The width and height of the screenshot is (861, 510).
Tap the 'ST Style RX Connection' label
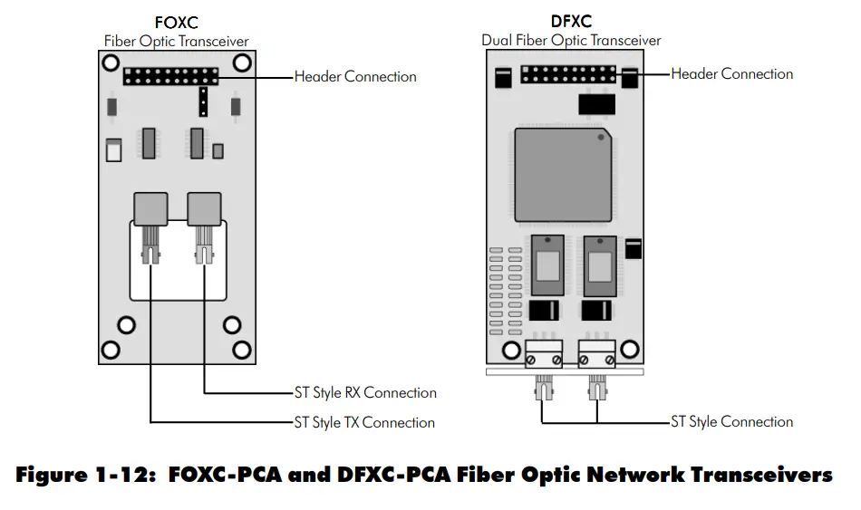point(365,393)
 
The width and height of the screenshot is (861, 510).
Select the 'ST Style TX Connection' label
point(364,422)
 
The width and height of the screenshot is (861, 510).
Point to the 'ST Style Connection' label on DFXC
point(731,421)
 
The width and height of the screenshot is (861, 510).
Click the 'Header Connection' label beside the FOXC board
point(355,77)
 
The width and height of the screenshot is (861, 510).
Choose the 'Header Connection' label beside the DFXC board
point(731,74)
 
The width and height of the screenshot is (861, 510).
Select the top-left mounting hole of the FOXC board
point(110,63)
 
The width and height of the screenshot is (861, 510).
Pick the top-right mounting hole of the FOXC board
point(242,63)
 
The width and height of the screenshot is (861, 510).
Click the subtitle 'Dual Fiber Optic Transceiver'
point(571,41)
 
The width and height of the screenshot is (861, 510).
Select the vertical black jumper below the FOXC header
point(203,102)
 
